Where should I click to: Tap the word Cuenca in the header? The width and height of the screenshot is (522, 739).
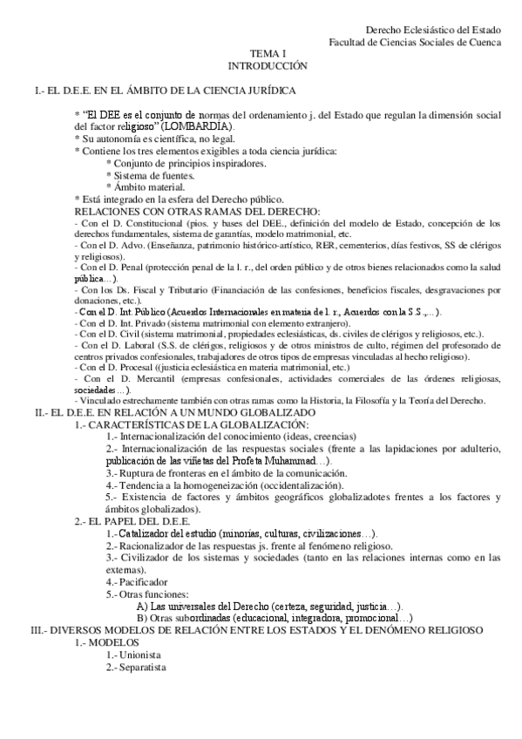[484, 41]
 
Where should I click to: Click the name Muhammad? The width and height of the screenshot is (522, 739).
[289, 459]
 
